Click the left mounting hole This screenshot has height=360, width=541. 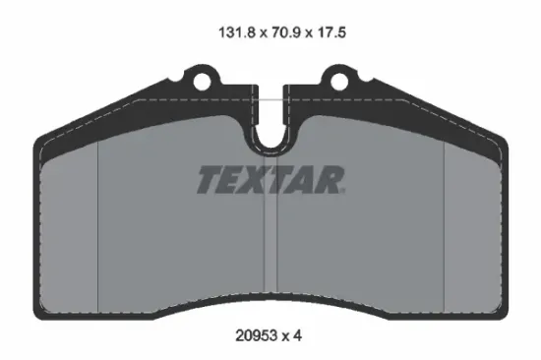tap(202, 83)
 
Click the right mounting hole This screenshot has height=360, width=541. tap(339, 83)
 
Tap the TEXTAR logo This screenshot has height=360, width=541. tap(271, 180)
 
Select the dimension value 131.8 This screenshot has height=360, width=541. tap(237, 32)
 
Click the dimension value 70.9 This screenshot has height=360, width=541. tap(286, 32)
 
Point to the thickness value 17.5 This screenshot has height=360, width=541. tap(331, 32)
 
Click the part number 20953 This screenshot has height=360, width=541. tap(256, 335)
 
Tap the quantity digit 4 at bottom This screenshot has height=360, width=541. tap(298, 335)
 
